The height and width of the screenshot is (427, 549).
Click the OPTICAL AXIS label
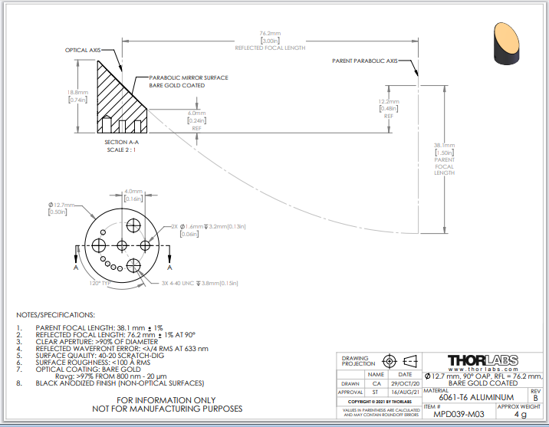(83, 50)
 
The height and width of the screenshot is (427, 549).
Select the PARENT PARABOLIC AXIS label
(365, 61)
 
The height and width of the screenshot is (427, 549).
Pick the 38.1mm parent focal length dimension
(444, 146)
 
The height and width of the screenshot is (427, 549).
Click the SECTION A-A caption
(122, 142)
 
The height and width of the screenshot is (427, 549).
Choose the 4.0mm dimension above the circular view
(133, 192)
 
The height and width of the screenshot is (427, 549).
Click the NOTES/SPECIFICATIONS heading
(55, 315)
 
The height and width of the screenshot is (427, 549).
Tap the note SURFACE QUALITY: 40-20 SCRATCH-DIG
(103, 356)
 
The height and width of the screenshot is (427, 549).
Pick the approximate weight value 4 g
(520, 415)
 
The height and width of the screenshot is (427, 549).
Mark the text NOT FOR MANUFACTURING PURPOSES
(168, 409)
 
